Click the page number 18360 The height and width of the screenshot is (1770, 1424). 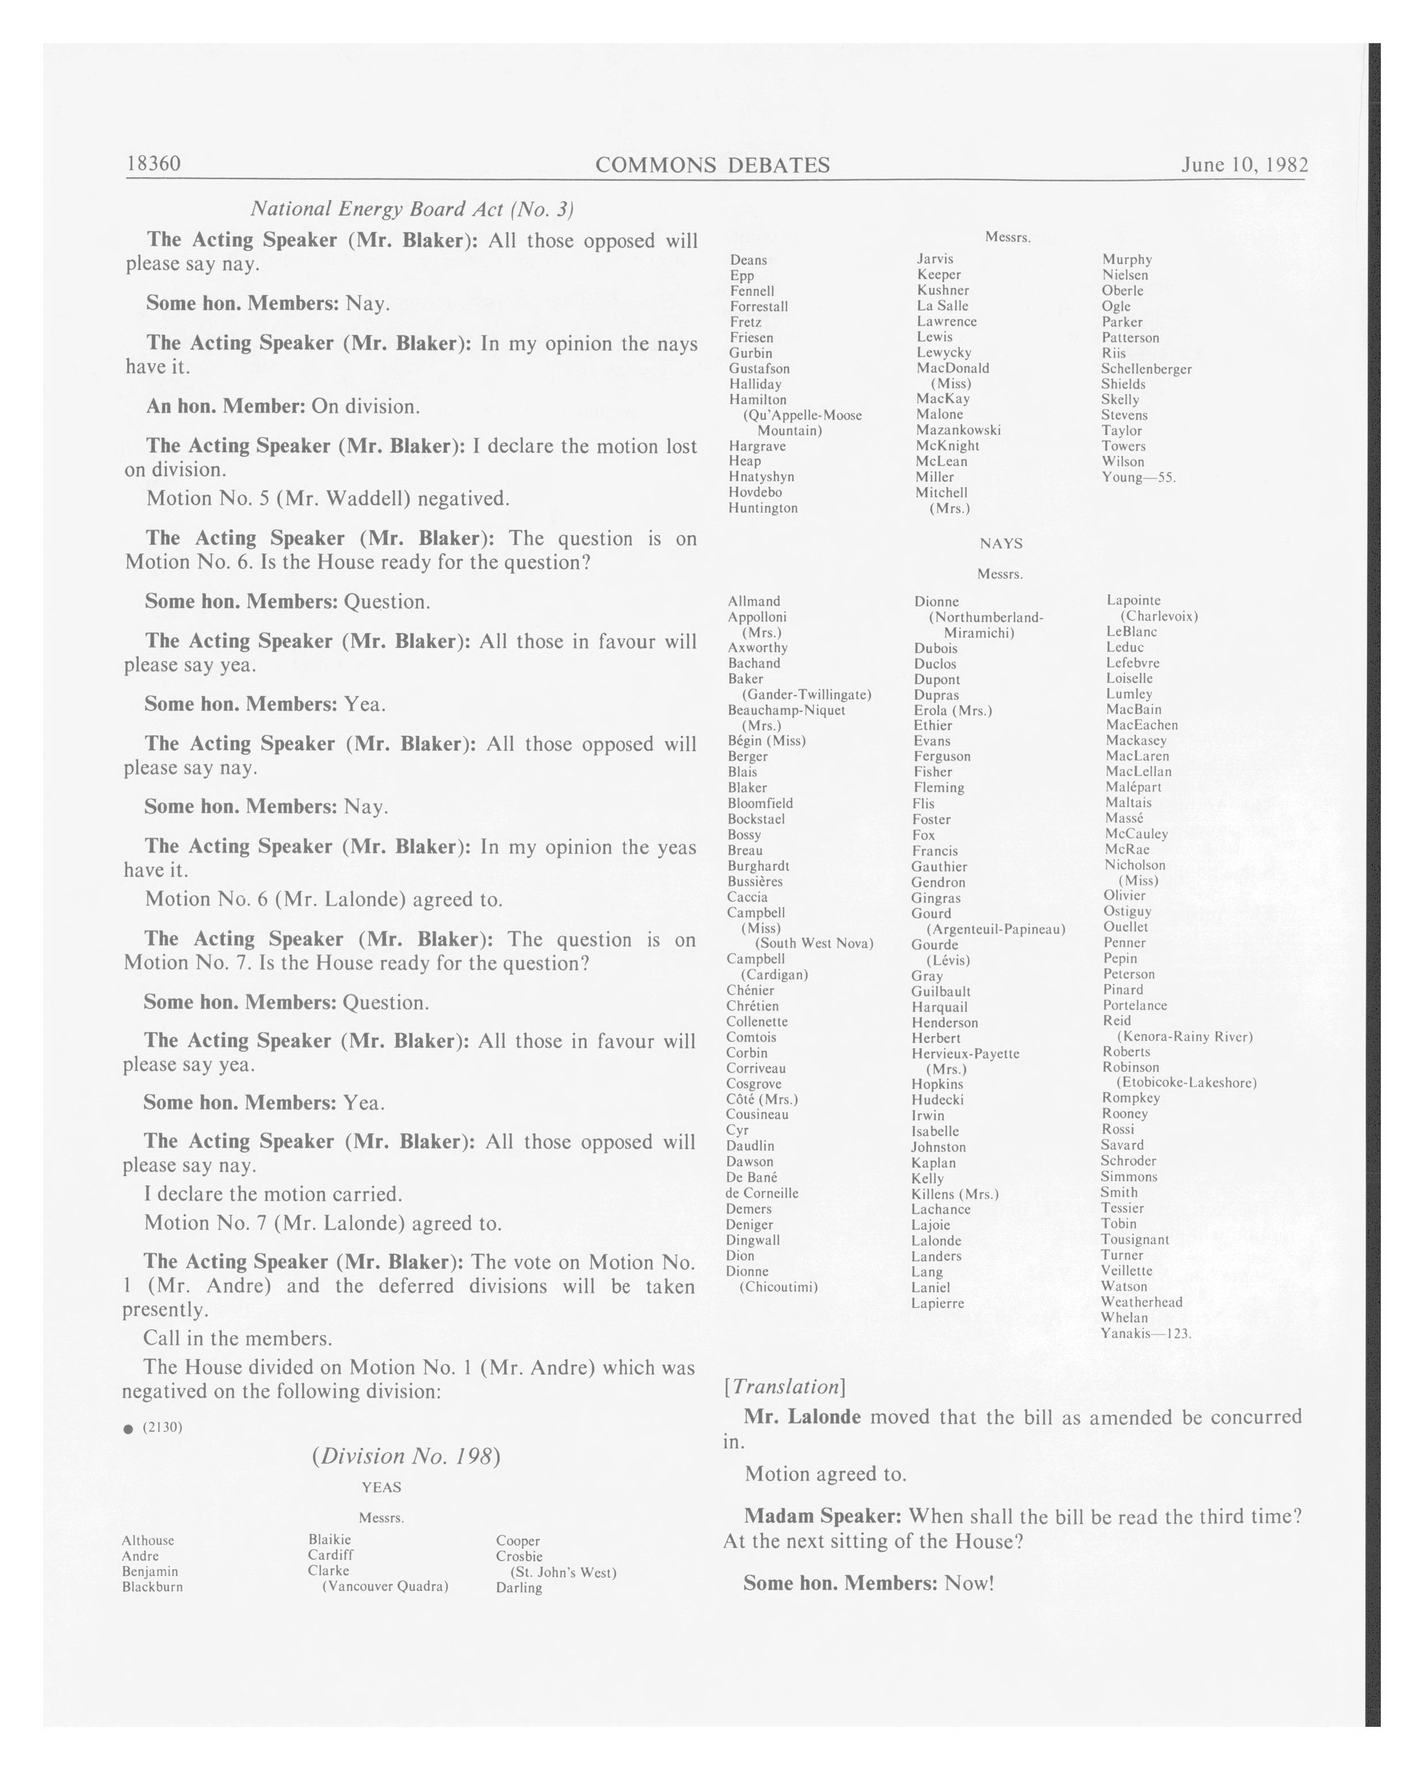coord(154,163)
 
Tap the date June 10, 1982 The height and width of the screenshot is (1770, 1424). coord(1243,164)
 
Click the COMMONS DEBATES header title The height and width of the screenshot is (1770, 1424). coord(712,165)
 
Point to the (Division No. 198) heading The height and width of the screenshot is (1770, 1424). coord(406,1456)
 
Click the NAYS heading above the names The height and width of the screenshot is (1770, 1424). coord(1001,543)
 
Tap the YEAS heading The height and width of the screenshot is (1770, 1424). coord(381,1487)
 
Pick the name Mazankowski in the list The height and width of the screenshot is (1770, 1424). coord(958,430)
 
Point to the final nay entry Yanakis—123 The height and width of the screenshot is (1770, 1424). coord(1145,1333)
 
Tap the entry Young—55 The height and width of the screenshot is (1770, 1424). coord(1139,477)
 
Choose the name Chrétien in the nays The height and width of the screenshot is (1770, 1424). coord(752,1006)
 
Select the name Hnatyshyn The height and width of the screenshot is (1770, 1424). coord(761,477)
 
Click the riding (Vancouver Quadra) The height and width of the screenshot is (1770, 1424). coord(385,1586)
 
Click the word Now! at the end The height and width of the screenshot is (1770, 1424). coord(969,1583)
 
